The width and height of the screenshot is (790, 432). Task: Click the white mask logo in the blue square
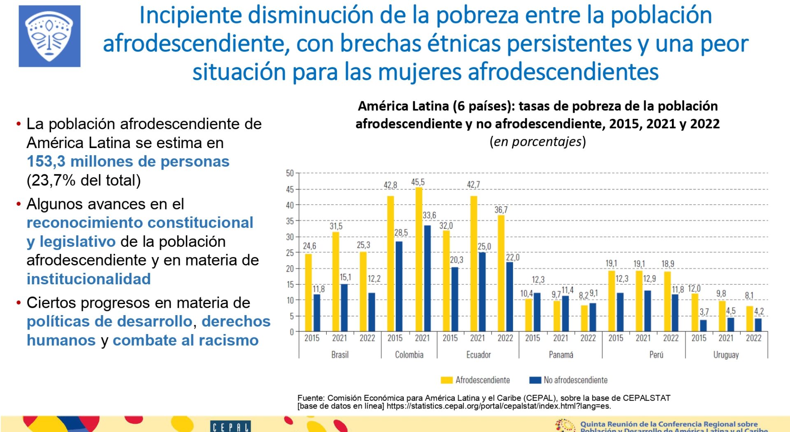pos(49,36)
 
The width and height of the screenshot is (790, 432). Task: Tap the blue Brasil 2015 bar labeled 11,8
pos(317,313)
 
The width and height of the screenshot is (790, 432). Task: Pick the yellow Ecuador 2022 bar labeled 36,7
pos(501,273)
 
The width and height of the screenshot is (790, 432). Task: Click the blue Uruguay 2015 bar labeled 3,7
pos(703,325)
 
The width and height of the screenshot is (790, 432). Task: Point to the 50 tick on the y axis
pos(290,173)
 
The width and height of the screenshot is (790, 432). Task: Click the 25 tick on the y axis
pos(290,253)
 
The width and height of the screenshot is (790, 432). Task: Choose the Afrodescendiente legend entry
pos(475,380)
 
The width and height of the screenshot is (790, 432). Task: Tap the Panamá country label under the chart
pos(561,355)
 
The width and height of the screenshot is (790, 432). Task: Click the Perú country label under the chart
pos(656,355)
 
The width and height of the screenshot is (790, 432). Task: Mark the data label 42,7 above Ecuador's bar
pos(473,185)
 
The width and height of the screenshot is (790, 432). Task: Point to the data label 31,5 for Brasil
pos(336,226)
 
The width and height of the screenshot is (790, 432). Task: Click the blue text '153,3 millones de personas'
pos(128,161)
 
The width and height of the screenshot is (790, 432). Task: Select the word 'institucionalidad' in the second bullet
pos(88,279)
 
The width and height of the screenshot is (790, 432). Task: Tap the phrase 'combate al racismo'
pos(186,340)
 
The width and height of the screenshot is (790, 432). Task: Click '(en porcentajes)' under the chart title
pos(537,142)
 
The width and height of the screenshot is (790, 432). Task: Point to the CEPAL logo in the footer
pos(230,427)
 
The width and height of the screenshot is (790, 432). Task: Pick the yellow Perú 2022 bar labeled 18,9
pos(667,302)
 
